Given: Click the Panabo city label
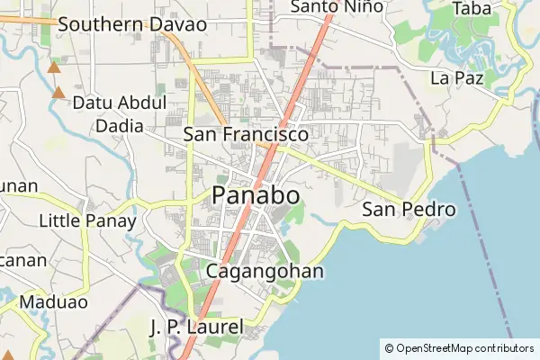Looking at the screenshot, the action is tap(256, 196).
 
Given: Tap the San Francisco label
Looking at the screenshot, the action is tap(246, 134).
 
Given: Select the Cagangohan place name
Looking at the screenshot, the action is tap(265, 271).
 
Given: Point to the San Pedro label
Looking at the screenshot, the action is tap(409, 210).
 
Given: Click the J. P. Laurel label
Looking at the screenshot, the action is tap(196, 327).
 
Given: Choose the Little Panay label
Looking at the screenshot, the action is tap(87, 220).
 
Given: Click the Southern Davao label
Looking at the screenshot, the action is tap(132, 24).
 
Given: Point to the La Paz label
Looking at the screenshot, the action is tap(457, 78).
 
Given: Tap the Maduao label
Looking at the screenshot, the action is tap(50, 302).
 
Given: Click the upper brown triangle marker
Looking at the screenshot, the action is tap(55, 67).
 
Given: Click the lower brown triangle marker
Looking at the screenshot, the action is tap(59, 92).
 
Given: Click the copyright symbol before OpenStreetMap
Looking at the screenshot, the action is tap(389, 348).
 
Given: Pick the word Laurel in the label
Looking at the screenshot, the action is tap(215, 327).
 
